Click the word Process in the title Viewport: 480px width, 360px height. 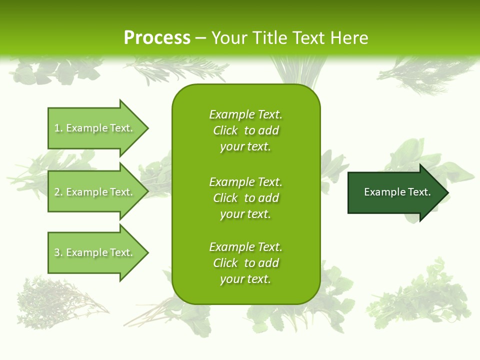(x=157, y=38)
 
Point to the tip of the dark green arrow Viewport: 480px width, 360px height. (x=447, y=192)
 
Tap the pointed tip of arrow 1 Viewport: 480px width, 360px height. (x=147, y=128)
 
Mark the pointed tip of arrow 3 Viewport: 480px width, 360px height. (x=147, y=252)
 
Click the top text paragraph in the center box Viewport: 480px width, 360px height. (x=245, y=130)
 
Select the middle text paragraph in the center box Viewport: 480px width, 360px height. (x=245, y=198)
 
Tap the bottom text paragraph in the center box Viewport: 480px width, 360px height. (x=245, y=263)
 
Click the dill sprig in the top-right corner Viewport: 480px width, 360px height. (x=425, y=75)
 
